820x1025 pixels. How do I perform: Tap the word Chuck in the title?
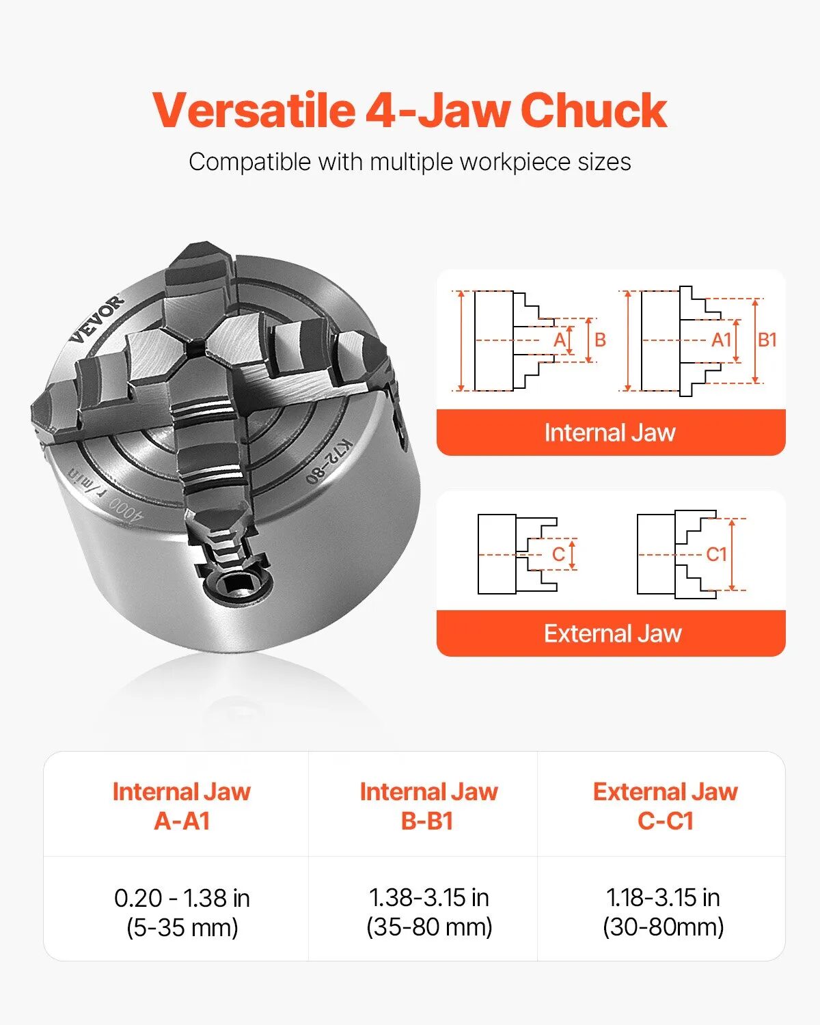point(593,110)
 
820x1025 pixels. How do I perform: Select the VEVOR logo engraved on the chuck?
point(97,318)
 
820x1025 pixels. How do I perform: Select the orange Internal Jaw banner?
point(610,433)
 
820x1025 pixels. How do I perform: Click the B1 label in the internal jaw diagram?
point(767,340)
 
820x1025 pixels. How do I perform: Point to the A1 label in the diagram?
point(721,340)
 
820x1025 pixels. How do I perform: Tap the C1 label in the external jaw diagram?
point(715,554)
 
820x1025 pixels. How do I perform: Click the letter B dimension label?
point(600,340)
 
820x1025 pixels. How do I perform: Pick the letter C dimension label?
point(558,554)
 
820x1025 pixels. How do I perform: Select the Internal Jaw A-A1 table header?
point(182,806)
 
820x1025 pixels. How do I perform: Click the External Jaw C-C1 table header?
point(665,806)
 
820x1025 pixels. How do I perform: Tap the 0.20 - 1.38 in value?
point(182,898)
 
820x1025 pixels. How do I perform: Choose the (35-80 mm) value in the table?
point(429,927)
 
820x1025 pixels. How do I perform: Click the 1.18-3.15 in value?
point(663,897)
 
